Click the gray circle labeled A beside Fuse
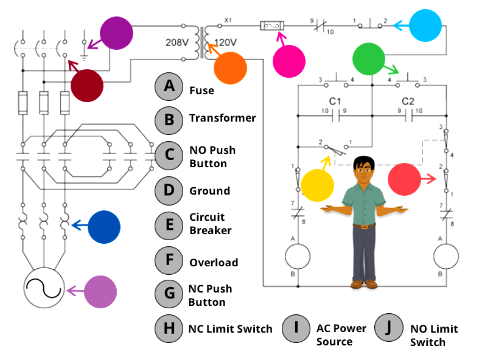coord(169,87)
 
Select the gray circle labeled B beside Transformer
coord(169,119)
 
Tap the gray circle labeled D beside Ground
coord(169,190)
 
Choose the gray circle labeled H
coord(169,328)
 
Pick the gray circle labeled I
coord(296,328)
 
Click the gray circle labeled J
coord(388,328)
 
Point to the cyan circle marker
coord(425,25)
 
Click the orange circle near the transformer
coord(230,67)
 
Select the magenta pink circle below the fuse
coord(288,61)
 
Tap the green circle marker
coord(369,59)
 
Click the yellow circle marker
coord(318,185)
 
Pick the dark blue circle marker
coord(104,227)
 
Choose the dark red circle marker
coord(87,85)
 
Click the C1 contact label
coord(335,100)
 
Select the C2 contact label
coord(408,100)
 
